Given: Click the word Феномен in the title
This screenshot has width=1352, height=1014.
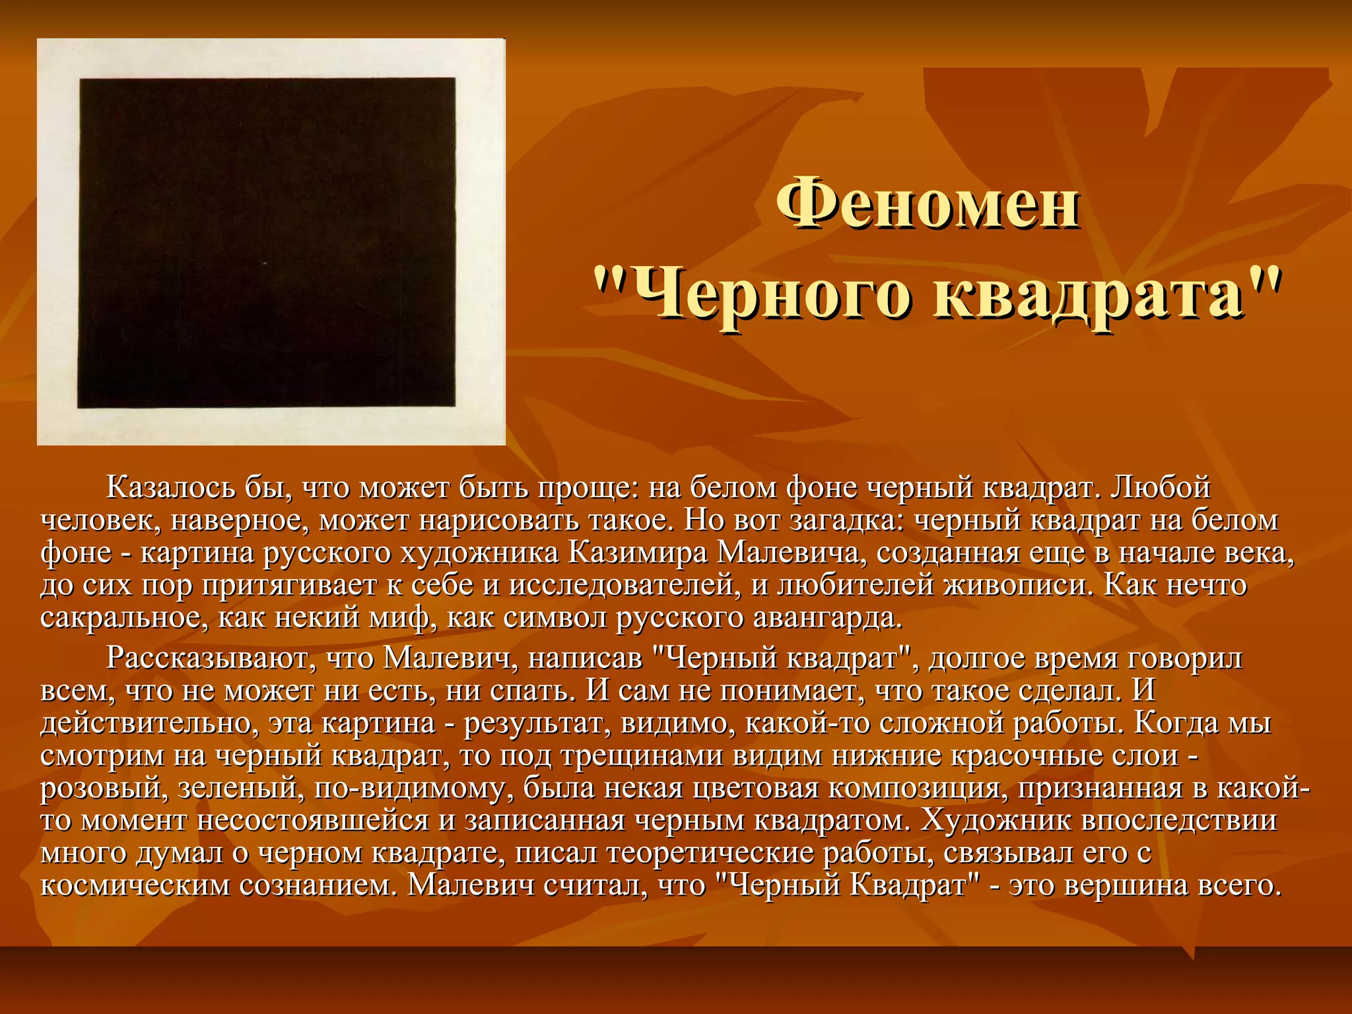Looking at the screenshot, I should tap(927, 203).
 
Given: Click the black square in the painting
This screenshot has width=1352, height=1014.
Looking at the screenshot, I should tap(267, 242).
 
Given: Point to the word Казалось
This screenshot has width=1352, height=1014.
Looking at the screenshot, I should tap(170, 488).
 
